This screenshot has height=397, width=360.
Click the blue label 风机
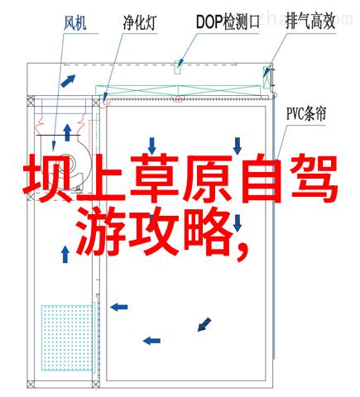tap(74, 23)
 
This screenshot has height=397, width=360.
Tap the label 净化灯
tap(140, 22)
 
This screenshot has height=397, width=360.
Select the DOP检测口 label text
tap(228, 22)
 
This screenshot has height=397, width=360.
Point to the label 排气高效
tap(310, 22)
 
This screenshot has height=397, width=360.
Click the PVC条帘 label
tap(306, 113)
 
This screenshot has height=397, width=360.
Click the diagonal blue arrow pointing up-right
tap(68, 81)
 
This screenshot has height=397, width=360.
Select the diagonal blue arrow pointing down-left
tap(204, 324)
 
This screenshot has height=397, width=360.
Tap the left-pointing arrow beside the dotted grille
tap(119, 307)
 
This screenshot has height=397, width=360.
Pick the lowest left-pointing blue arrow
tap(151, 341)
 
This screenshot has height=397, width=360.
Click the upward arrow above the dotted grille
tap(65, 254)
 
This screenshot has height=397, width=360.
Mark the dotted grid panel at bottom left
tap(66, 337)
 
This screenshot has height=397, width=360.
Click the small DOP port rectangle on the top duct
tap(178, 67)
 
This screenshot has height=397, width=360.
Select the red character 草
tap(154, 179)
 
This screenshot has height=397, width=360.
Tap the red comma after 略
tap(242, 251)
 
